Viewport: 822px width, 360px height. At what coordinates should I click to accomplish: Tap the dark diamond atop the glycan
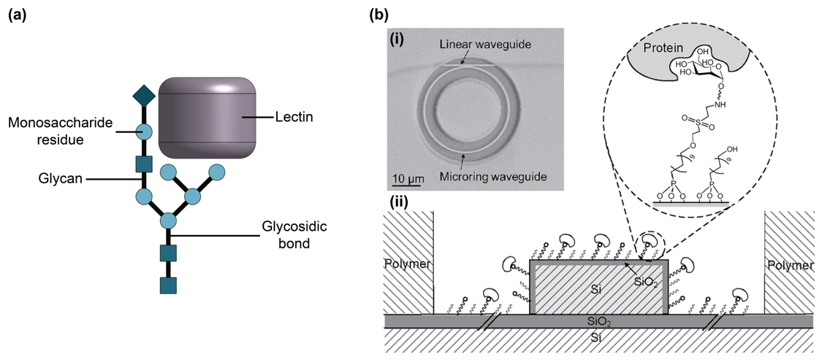[143, 95]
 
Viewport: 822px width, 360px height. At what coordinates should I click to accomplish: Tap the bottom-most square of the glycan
[168, 286]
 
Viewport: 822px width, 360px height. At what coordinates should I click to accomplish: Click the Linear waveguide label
[485, 45]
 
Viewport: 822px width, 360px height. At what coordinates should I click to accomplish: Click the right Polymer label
[791, 265]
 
